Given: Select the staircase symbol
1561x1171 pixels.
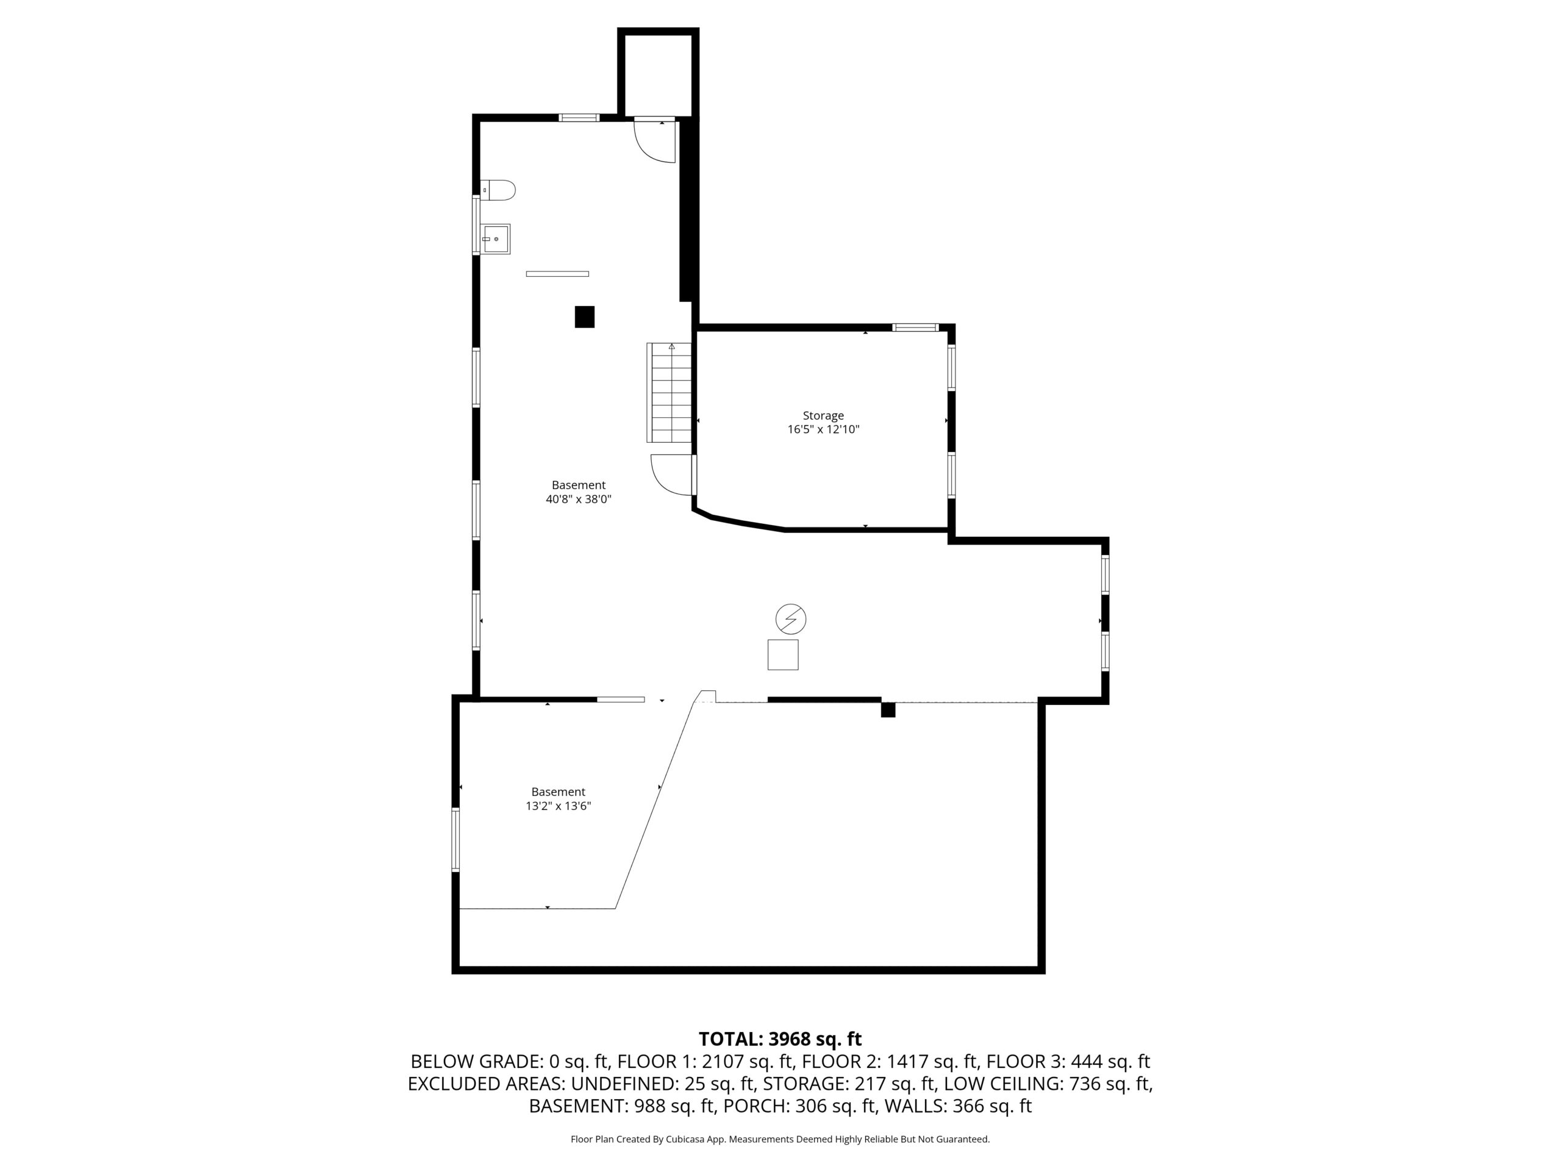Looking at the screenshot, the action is coord(669,392).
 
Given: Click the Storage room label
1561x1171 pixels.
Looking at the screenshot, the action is coord(823,416).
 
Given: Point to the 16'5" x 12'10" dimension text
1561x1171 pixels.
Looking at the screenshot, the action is coord(823,429).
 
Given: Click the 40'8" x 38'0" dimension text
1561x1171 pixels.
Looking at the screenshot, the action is coord(579,499).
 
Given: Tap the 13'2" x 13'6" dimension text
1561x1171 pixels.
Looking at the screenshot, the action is coord(558,806).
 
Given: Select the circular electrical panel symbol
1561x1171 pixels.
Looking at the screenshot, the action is coord(790,619).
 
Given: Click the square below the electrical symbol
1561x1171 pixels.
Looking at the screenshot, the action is coord(782,655).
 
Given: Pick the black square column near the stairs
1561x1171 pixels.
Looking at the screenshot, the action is coord(584,317).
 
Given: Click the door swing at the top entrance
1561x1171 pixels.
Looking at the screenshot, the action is coord(655,141).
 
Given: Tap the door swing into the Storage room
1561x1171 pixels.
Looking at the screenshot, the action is coord(672,475).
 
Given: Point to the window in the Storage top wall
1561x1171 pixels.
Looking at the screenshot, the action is coord(915,328).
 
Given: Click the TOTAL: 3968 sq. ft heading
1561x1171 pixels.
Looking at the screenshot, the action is coord(780,1039).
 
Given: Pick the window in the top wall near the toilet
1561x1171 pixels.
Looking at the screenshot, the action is coord(579,117).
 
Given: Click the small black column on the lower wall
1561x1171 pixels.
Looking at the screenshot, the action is coord(888,710).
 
